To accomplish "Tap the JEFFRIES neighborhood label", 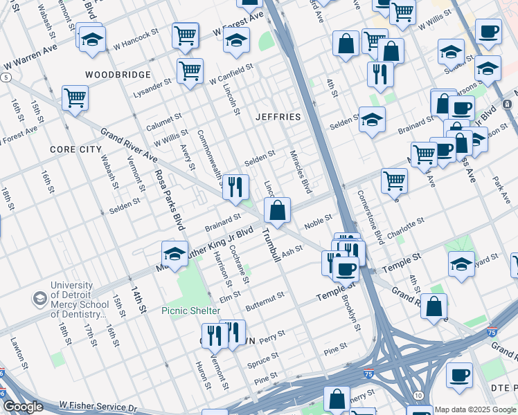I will point(278,117).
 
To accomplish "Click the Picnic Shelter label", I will point(190,311).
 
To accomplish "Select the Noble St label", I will point(319,223).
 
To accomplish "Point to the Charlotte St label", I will point(406,228).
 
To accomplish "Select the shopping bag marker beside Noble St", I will point(277,210).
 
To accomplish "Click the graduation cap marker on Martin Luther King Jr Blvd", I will point(175,254).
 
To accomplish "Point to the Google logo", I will point(23,407).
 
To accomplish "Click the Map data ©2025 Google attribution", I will point(475,409).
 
